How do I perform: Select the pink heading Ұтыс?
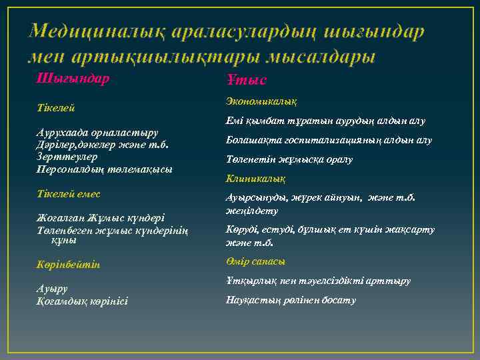pos(247,80)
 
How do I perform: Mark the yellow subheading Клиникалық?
pos(255,179)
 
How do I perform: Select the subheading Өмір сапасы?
pos(255,261)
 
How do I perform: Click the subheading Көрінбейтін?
pos(69,265)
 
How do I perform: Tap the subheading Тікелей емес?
pos(69,194)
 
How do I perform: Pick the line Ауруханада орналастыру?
pos(97,133)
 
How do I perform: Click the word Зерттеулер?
pos(67,157)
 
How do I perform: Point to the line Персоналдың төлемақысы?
pos(104,169)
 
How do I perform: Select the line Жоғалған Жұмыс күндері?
pos(100,218)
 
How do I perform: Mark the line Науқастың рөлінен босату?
pos(291,300)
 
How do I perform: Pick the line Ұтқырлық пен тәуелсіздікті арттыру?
pos(318,281)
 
